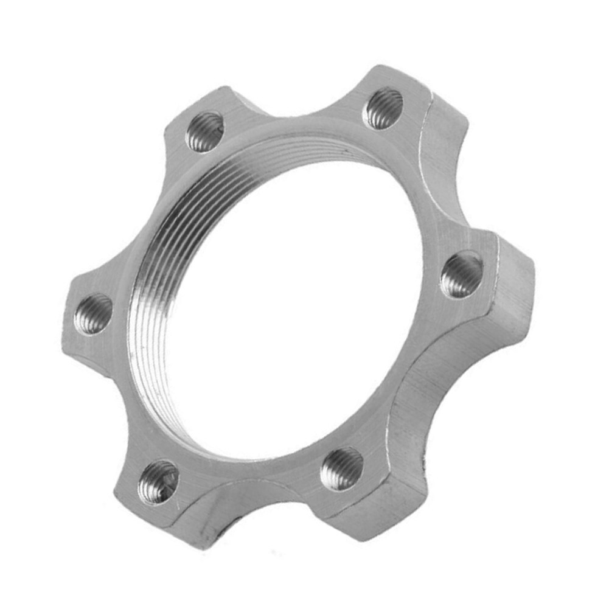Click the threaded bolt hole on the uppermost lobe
[383, 108]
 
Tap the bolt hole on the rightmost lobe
[461, 274]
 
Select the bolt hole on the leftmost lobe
[93, 314]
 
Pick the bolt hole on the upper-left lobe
[205, 131]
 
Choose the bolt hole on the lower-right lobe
[341, 468]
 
